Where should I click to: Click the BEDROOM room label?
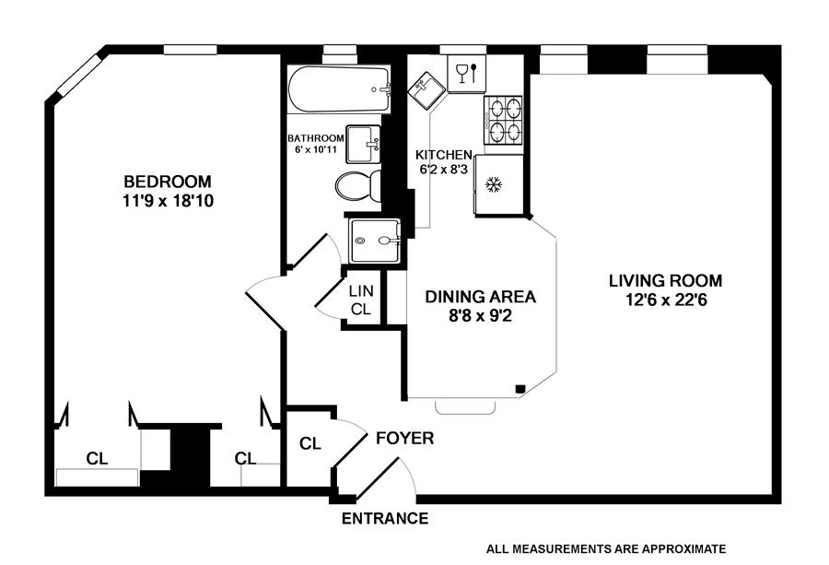tap(168, 181)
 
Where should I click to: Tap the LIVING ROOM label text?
tap(665, 280)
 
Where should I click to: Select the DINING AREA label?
tap(480, 297)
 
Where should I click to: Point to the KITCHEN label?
tap(444, 155)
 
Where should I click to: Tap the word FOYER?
tap(404, 439)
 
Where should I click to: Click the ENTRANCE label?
tap(385, 519)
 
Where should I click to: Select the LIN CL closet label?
tap(360, 300)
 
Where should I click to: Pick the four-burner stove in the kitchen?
tap(502, 120)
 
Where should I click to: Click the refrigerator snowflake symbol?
tap(493, 185)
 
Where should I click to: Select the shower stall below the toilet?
tap(374, 241)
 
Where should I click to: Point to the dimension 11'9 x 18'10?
tap(168, 200)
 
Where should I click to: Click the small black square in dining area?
tap(520, 389)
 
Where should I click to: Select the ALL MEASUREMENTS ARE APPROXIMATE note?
tap(607, 547)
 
